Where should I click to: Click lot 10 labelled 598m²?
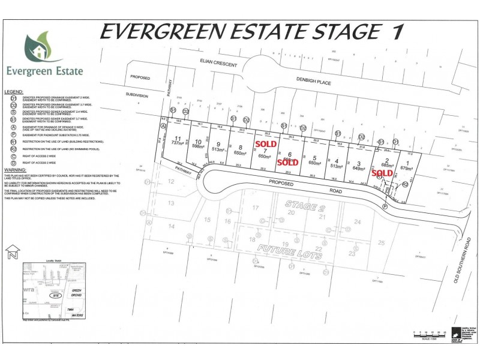pos(197,143)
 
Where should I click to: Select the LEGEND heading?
pos(14,92)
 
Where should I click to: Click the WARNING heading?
pos(15,170)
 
